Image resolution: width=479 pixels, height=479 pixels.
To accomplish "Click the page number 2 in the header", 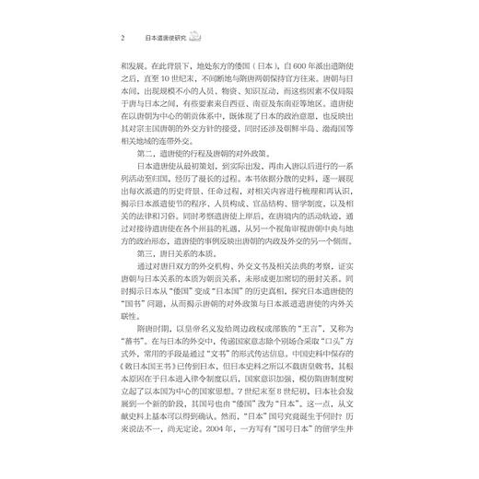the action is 122,40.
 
